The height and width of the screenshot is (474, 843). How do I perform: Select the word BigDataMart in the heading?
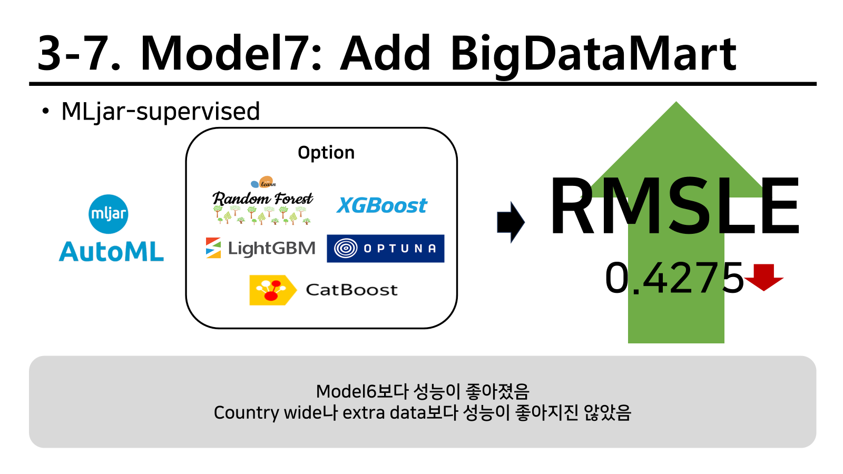[593, 56]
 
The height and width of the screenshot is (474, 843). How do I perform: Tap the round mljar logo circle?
[109, 214]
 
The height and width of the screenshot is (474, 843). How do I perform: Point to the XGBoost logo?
[381, 205]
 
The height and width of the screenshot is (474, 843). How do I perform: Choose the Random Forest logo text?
[263, 198]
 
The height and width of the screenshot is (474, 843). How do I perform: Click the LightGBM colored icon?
[213, 248]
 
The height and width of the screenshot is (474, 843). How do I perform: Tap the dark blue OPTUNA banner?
[385, 248]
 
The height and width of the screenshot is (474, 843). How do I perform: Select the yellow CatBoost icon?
[272, 290]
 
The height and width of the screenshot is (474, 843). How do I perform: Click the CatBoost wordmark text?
[351, 290]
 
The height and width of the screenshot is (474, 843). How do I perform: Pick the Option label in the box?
[326, 153]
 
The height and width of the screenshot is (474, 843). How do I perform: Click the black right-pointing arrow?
[511, 222]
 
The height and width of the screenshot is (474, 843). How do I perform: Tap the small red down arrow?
[763, 277]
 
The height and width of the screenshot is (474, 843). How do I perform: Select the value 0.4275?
[674, 278]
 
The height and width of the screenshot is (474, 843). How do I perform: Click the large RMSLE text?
[674, 205]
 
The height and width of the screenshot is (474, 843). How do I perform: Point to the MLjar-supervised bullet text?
[160, 111]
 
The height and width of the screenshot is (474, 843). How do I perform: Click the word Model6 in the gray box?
[346, 391]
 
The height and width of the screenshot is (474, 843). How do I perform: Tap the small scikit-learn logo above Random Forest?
[264, 182]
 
